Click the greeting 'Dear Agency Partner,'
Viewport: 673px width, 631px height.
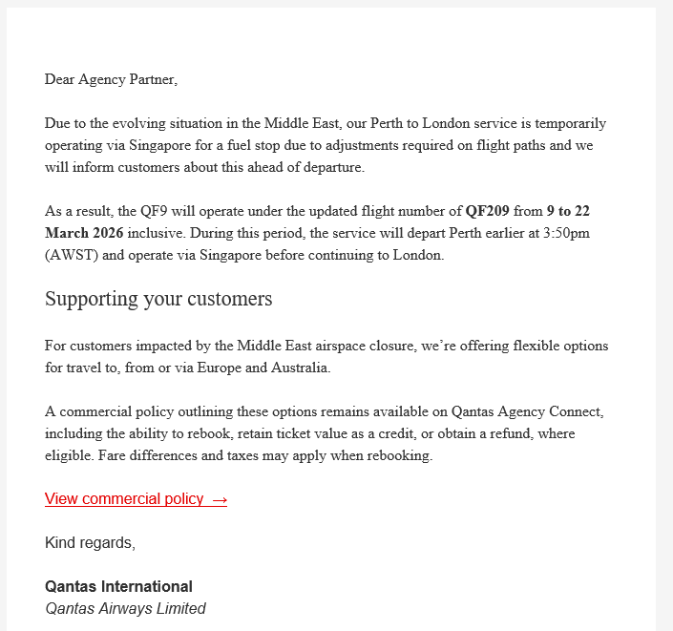click(x=111, y=79)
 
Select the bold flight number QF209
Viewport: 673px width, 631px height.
click(x=488, y=211)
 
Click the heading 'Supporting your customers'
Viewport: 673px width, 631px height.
click(x=158, y=299)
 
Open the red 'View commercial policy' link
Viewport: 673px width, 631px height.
click(x=124, y=498)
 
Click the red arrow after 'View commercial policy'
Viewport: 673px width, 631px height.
click(x=219, y=498)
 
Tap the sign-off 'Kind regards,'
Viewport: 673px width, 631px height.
click(x=90, y=543)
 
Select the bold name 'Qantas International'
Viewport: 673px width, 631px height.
click(x=118, y=586)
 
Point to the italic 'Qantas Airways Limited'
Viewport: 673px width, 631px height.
click(x=125, y=608)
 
